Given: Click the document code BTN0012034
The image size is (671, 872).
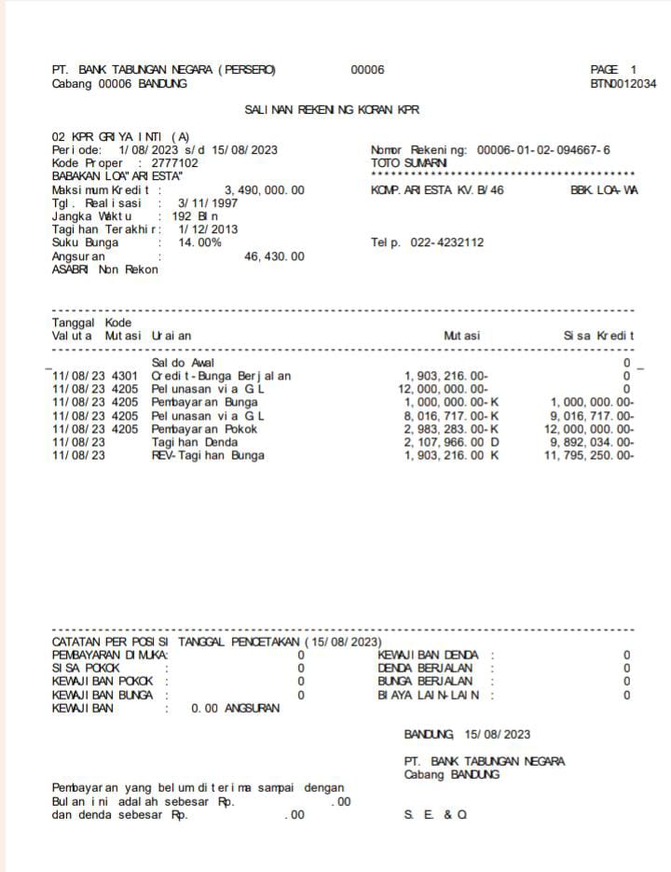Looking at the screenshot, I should pyautogui.click(x=623, y=84).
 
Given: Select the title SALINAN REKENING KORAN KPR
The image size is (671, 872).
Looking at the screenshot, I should pyautogui.click(x=332, y=110).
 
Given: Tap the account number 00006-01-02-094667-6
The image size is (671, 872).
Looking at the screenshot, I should pyautogui.click(x=543, y=150).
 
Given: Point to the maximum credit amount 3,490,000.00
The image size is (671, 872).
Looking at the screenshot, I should pyautogui.click(x=264, y=190).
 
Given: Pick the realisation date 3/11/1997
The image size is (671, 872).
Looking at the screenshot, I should pyautogui.click(x=207, y=203).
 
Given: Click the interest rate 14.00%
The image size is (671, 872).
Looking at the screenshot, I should pyautogui.click(x=199, y=242).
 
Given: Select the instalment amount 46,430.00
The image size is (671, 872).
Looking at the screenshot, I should pyautogui.click(x=274, y=256).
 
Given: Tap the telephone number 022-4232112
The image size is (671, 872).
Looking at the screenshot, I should pyautogui.click(x=444, y=242).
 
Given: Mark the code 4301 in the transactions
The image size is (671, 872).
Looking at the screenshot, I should pyautogui.click(x=125, y=376).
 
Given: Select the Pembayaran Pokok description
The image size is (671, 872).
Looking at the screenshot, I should pyautogui.click(x=204, y=429).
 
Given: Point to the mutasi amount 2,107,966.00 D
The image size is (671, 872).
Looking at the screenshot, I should pyautogui.click(x=451, y=442).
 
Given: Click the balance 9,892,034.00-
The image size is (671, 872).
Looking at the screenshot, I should pyautogui.click(x=592, y=442).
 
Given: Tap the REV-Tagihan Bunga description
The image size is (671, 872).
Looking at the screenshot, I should pyautogui.click(x=208, y=455).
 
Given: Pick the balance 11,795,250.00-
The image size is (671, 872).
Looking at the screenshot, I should pyautogui.click(x=588, y=455).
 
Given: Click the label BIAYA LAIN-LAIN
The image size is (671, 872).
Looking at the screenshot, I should pyautogui.click(x=429, y=695).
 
